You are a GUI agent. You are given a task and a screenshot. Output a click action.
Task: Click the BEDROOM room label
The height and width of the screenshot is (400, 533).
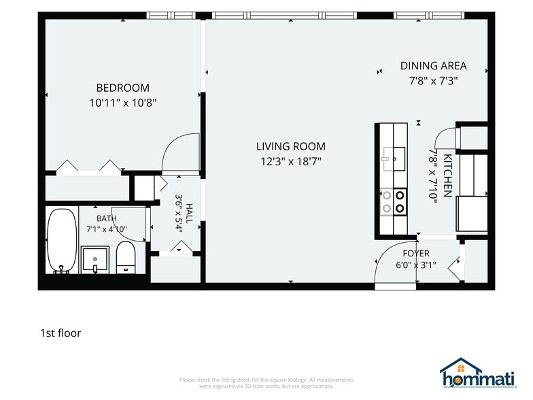coord(122,88)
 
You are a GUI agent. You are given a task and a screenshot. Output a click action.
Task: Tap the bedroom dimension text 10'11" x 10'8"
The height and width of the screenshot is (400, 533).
coord(122,103)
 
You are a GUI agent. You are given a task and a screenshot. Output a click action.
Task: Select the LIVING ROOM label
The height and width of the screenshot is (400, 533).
coord(291,146)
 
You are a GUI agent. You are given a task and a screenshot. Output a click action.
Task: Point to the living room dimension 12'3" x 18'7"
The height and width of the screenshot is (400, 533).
coord(291,161)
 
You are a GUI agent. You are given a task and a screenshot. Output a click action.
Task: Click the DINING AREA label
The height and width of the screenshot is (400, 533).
coord(434,65)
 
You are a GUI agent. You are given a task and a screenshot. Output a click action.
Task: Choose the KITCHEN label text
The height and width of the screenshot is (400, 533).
coord(447,176)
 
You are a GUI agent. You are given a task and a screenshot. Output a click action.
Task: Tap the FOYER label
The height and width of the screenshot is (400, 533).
coord(416,253)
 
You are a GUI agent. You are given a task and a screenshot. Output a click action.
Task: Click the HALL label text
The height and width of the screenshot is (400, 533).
coord(189,214)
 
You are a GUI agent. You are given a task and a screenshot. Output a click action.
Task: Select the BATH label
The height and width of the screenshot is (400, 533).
coord(106,218)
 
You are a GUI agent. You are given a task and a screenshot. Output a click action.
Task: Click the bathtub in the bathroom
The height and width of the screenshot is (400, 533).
coord(62,241)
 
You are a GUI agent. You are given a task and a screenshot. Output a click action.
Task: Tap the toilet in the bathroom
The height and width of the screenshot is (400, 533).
coord(125,257)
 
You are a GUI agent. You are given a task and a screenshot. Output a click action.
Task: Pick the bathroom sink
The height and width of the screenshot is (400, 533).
coord(95,260)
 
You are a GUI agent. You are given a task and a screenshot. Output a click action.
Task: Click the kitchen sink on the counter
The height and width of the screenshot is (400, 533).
coord(394,159)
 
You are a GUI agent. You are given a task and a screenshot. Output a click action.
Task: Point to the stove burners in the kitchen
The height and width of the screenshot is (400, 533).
coord(394,201)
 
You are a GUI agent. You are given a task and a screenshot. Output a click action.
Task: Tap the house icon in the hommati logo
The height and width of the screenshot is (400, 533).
coord(461,367)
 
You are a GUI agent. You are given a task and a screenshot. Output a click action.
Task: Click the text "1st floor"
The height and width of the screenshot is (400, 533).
coord(61,333)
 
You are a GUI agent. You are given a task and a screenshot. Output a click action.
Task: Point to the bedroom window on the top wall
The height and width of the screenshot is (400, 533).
coord(171,16)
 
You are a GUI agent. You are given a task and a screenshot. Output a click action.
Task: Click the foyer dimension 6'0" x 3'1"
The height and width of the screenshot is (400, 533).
coord(416,265)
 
